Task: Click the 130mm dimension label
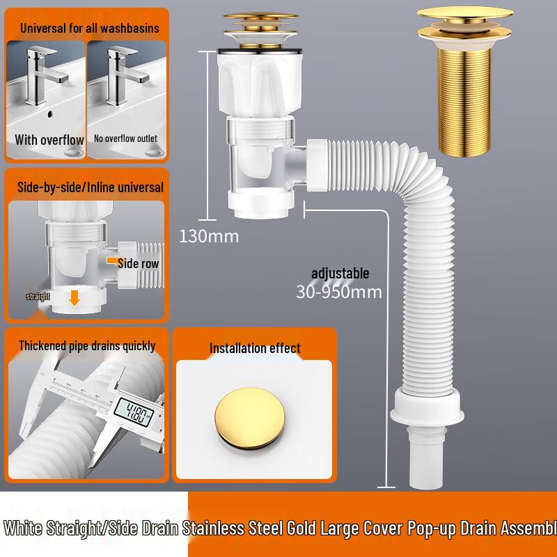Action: [x=209, y=236]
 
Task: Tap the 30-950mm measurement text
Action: [x=338, y=291]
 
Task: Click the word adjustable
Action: [x=340, y=274]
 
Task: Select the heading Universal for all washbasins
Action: [x=89, y=29]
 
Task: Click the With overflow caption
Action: [x=49, y=140]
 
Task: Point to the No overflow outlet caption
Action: [x=126, y=139]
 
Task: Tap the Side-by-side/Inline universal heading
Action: [x=89, y=187]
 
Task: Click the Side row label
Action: [x=138, y=263]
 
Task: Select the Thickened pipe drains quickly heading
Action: [x=87, y=346]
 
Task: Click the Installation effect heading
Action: [x=255, y=348]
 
